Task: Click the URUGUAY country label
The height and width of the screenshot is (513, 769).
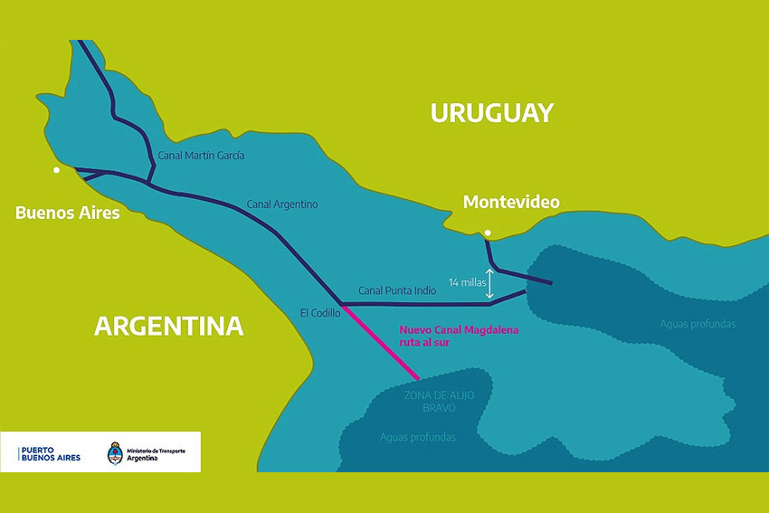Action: pyautogui.click(x=491, y=113)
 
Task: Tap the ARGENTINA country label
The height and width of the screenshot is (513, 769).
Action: pyautogui.click(x=169, y=326)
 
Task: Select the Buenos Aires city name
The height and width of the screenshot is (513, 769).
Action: pyautogui.click(x=68, y=213)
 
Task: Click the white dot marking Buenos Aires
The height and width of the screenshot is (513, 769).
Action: pyautogui.click(x=56, y=170)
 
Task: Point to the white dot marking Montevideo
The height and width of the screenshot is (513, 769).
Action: pyautogui.click(x=488, y=233)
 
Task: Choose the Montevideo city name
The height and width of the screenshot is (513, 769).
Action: pyautogui.click(x=511, y=202)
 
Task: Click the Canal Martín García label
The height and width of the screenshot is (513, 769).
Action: pyautogui.click(x=201, y=156)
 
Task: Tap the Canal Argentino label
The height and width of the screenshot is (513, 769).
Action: pyautogui.click(x=282, y=204)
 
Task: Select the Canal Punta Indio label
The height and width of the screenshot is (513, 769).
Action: pyautogui.click(x=397, y=290)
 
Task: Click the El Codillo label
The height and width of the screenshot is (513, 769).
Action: pyautogui.click(x=320, y=312)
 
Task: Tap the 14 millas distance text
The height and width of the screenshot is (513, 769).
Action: pyautogui.click(x=466, y=282)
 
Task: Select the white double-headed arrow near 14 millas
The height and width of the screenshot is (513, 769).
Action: pyautogui.click(x=490, y=283)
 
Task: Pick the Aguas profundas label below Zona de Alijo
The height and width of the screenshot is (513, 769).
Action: pyautogui.click(x=418, y=438)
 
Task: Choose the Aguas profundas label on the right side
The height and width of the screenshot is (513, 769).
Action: pyautogui.click(x=698, y=324)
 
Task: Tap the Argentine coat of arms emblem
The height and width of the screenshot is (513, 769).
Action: pyautogui.click(x=115, y=452)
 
